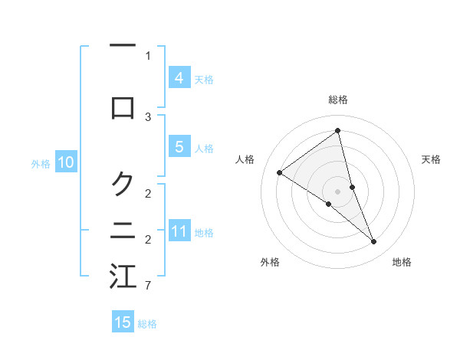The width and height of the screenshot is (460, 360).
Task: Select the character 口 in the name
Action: [x=123, y=107]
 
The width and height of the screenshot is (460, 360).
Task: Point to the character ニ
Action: [x=123, y=230]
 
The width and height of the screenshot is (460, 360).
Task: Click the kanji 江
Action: [x=123, y=277]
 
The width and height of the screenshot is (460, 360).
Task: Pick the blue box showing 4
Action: [x=179, y=77]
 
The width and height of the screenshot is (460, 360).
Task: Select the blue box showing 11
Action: [x=179, y=231]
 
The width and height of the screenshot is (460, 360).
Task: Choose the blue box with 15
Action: [x=123, y=322]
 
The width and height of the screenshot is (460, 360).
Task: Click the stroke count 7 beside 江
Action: [x=147, y=286]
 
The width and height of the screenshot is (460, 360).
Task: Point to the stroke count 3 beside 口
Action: [x=148, y=117]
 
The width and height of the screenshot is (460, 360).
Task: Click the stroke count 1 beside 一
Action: [x=148, y=56]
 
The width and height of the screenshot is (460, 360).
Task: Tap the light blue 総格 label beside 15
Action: [x=147, y=324]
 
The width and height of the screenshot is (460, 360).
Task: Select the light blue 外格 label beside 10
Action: [x=40, y=163]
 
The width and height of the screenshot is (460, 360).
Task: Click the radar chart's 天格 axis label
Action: [x=432, y=159]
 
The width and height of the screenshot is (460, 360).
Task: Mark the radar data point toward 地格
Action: [x=374, y=242]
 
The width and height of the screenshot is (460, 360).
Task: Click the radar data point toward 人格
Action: [x=279, y=172]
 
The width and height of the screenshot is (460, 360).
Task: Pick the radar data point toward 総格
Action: [x=337, y=131]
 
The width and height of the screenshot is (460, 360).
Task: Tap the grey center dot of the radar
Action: [x=337, y=191]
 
